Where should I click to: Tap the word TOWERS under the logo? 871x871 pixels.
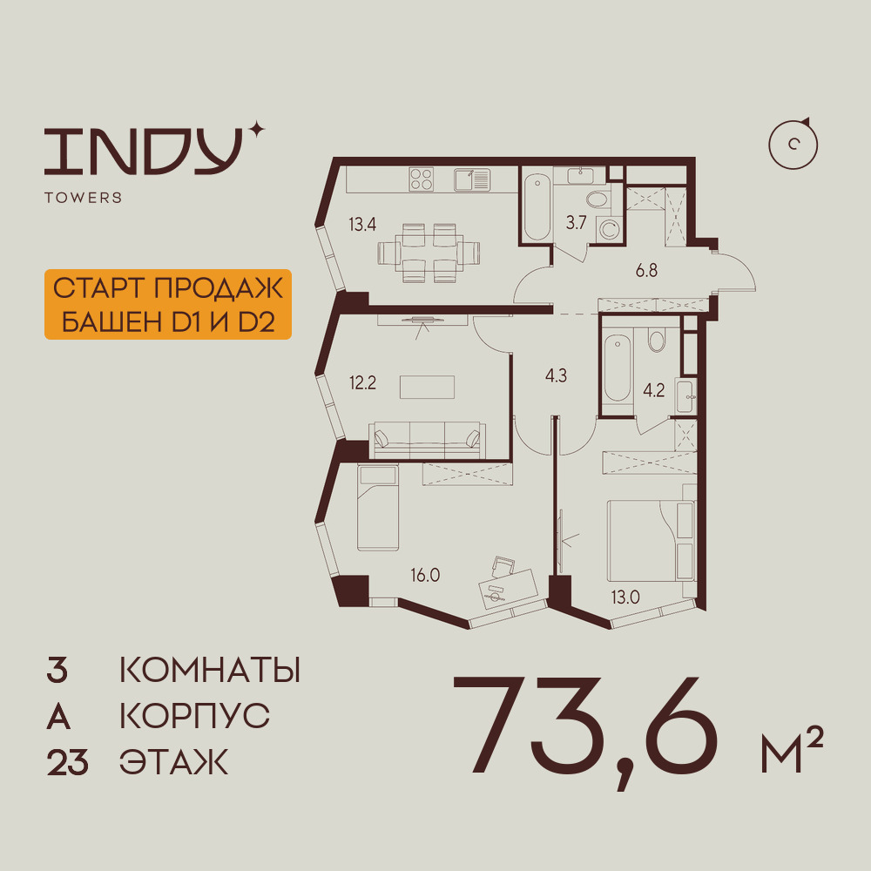83,198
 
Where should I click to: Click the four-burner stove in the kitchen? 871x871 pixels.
422,179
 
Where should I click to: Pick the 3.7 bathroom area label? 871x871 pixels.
576,223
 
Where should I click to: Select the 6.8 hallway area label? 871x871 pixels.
646,270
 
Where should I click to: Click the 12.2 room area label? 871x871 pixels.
362,383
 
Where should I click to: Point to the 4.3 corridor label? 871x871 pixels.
555,377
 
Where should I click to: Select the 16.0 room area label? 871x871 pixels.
427,575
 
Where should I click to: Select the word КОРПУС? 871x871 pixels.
194,717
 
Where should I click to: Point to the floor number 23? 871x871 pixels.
67,763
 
